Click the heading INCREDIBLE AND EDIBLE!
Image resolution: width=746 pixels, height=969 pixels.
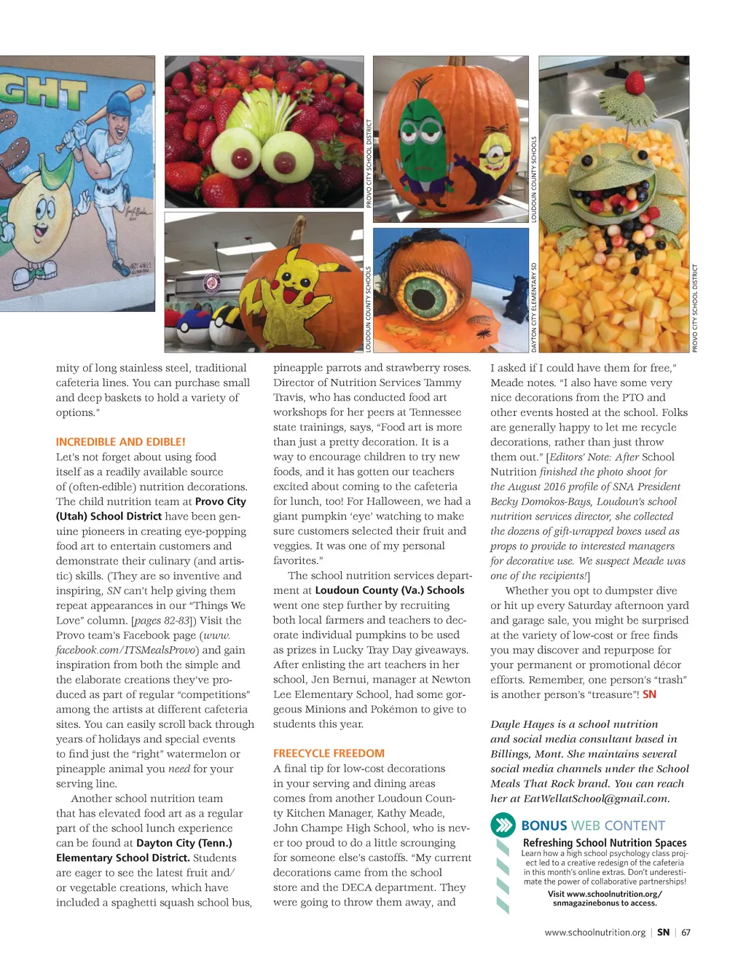coord(121,442)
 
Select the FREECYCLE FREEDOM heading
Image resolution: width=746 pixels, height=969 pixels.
coord(329,753)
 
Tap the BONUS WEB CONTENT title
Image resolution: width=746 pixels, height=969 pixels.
coord(593,825)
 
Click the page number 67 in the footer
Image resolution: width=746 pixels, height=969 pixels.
coord(686,932)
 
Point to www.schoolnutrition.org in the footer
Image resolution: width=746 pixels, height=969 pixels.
coord(594,932)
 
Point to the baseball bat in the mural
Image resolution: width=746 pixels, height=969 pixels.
coord(98,117)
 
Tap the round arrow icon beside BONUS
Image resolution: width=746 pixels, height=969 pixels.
coord(503,825)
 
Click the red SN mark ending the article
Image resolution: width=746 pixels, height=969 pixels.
coord(649,694)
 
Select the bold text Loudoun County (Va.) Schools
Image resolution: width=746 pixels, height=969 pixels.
coord(390,590)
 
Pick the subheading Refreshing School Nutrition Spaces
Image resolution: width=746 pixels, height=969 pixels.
coord(605,842)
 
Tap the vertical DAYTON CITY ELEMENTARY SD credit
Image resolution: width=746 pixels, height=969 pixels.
coord(534,307)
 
